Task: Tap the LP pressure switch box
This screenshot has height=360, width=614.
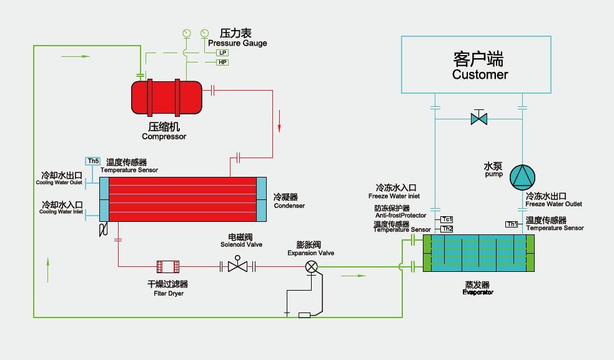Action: (223, 53)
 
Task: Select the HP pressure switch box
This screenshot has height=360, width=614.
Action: (223, 62)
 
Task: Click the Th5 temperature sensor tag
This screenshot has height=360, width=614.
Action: (93, 161)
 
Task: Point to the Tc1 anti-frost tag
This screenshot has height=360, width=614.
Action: (447, 219)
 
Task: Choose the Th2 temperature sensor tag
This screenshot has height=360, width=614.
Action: (447, 229)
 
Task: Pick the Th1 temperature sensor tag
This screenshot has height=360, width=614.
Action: (512, 224)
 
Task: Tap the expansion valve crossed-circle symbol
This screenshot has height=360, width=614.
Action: (311, 267)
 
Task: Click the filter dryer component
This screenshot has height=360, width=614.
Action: (168, 267)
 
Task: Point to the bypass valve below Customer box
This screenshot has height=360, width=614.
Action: (479, 117)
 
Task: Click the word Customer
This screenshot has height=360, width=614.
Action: (480, 75)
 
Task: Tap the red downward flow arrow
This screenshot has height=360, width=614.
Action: (280, 119)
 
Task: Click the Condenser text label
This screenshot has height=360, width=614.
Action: (289, 206)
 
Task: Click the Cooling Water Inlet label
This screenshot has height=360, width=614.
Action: (61, 212)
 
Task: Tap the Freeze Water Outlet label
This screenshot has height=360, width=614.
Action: (553, 204)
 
